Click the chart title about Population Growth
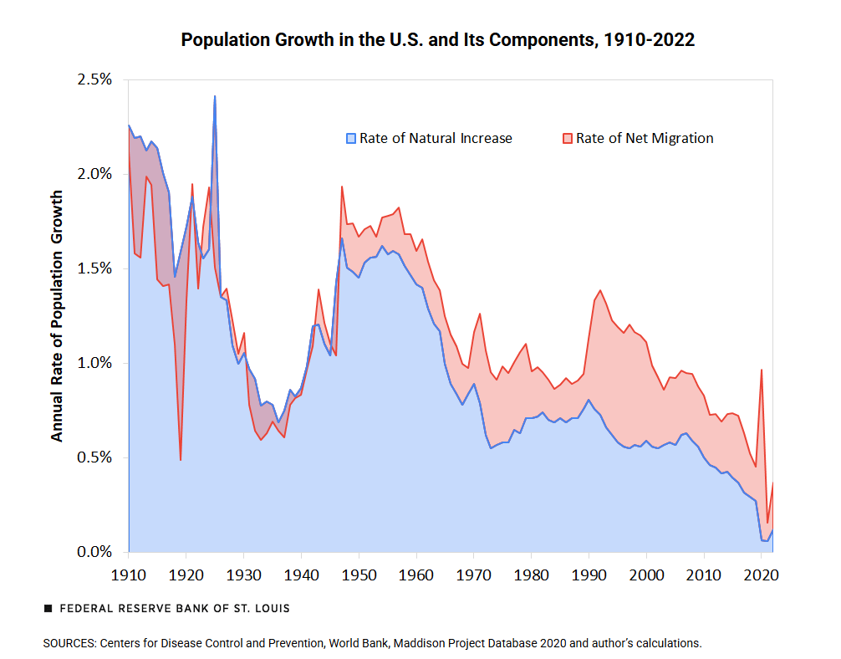pyautogui.click(x=438, y=40)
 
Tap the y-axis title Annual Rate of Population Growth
pyautogui.click(x=57, y=315)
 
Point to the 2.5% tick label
pyautogui.click(x=94, y=79)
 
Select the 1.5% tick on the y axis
pyautogui.click(x=94, y=268)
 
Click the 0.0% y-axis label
pyautogui.click(x=94, y=552)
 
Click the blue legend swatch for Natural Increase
pyautogui.click(x=352, y=138)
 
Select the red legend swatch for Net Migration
pyautogui.click(x=568, y=138)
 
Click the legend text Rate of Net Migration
pyautogui.click(x=645, y=138)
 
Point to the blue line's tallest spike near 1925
pyautogui.click(x=215, y=96)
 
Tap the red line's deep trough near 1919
pyautogui.click(x=181, y=459)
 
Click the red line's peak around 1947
pyautogui.click(x=342, y=186)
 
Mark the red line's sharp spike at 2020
pyautogui.click(x=762, y=370)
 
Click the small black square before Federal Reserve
pyautogui.click(x=48, y=609)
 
